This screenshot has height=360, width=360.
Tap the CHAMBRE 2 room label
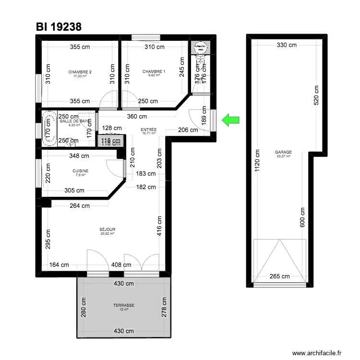coord(80,72)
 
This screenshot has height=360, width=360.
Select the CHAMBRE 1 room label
coord(154,72)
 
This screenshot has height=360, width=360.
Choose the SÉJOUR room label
coord(108,229)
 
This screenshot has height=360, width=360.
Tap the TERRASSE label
coord(123,305)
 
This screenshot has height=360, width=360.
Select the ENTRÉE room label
coord(148,130)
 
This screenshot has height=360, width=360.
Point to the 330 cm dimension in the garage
coord(287,45)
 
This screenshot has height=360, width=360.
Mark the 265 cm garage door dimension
coord(280,276)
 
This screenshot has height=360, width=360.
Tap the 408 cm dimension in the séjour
coord(121,264)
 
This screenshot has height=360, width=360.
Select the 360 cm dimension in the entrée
coord(137,117)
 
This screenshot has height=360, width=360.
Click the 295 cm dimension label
coord(48,238)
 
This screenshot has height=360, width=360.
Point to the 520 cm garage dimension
coord(315,97)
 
